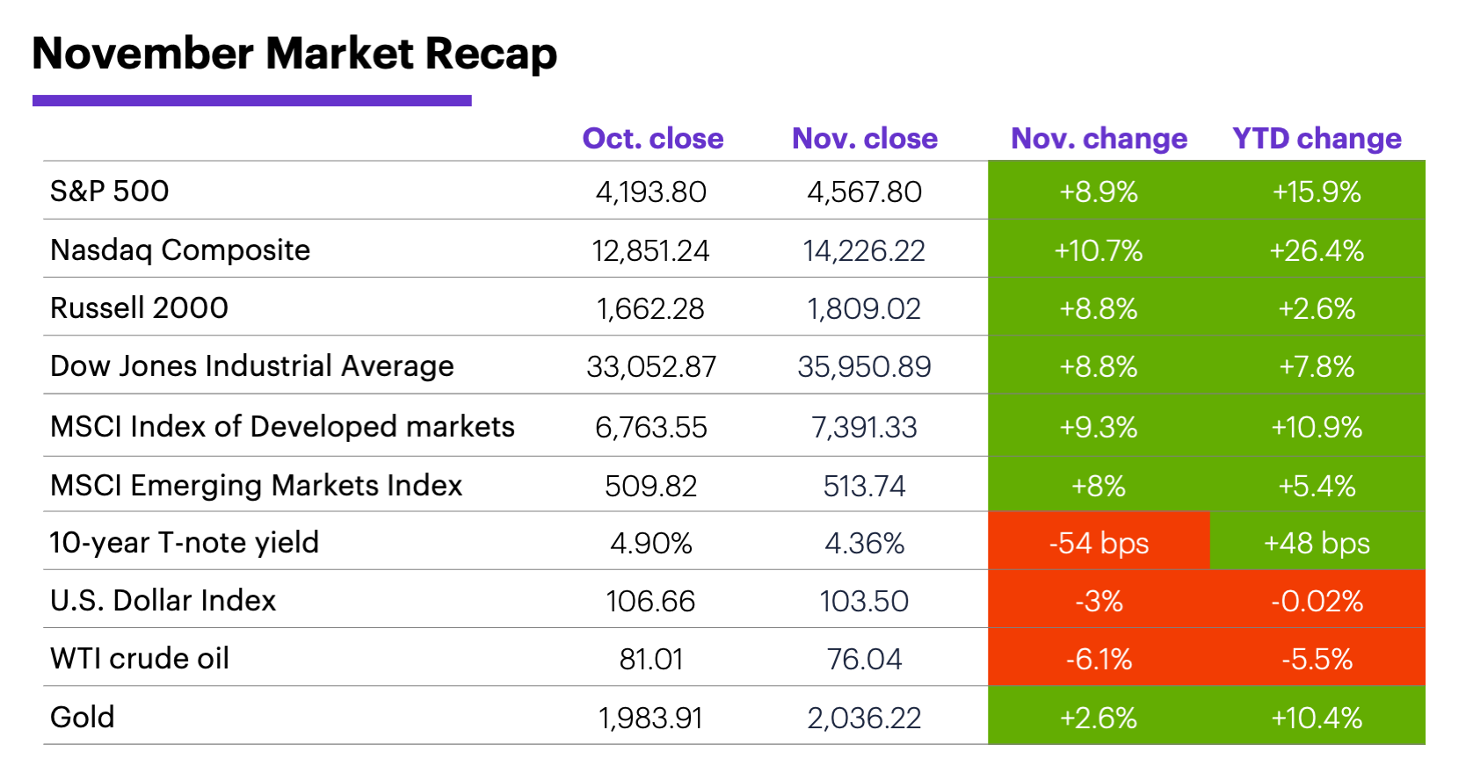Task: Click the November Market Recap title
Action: coord(294,54)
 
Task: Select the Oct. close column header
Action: coord(652,139)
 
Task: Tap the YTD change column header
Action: coord(1316,139)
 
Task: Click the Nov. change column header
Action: coord(1099,139)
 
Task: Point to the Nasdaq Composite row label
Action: coord(180,250)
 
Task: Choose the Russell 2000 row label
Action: coord(139,308)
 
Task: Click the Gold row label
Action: coord(83,718)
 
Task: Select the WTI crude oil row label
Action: coord(140,659)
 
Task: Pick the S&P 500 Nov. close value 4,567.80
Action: coord(864,192)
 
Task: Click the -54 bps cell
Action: coord(1099,544)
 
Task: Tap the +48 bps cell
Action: coord(1317,544)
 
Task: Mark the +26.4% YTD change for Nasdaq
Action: coord(1317,251)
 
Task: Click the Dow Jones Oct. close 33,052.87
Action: coord(651,367)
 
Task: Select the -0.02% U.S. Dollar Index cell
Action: coord(1317,602)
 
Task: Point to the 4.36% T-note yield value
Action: coord(864,544)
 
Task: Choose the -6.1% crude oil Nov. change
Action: coord(1099,660)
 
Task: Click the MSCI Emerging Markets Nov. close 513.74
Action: coord(864,486)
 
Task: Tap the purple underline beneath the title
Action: coord(251,101)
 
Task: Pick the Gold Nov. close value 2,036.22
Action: coord(864,719)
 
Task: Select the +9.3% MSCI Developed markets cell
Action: coord(1099,428)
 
